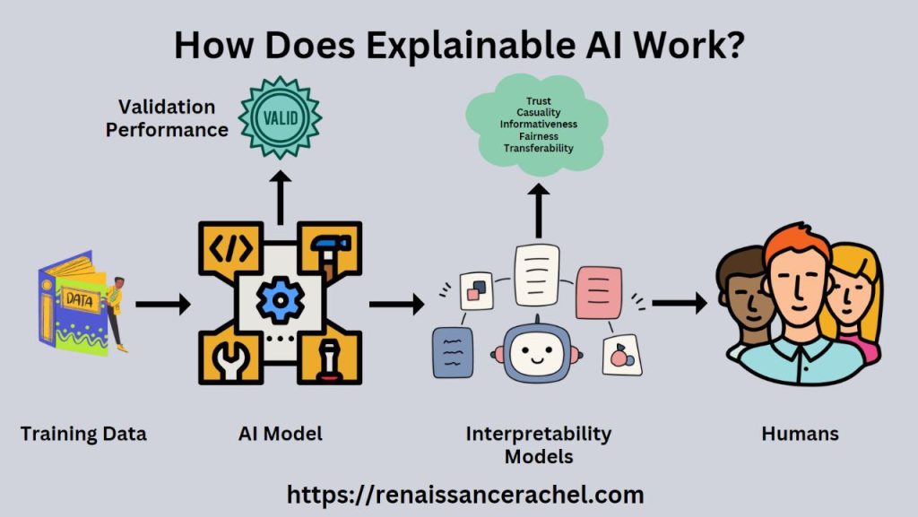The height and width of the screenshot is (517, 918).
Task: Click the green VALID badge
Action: (280, 118)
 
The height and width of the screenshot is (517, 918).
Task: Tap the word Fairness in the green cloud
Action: (538, 136)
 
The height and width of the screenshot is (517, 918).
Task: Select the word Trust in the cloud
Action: (538, 100)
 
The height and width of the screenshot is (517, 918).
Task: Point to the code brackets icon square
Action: (225, 243)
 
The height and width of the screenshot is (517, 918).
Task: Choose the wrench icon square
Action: (225, 358)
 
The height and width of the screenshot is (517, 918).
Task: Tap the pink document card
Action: (598, 291)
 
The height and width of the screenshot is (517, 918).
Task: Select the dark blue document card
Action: (452, 353)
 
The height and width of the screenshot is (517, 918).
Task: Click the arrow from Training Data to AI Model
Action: (162, 305)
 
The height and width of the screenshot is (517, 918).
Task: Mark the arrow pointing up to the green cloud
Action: (538, 208)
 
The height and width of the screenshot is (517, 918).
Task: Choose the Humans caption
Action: (800, 435)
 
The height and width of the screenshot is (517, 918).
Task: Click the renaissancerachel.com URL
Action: (465, 494)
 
